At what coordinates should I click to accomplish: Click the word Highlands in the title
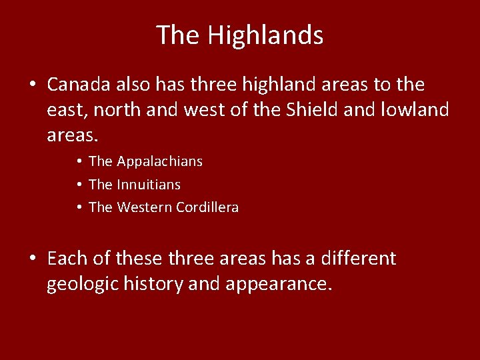click(x=265, y=35)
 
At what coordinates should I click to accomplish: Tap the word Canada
click(x=80, y=85)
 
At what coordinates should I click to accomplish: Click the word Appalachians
click(x=160, y=161)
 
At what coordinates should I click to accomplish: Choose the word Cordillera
click(x=207, y=207)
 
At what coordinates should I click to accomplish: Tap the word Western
click(x=145, y=207)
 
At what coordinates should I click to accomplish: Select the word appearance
click(x=278, y=284)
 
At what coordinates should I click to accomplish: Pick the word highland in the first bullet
click(x=269, y=85)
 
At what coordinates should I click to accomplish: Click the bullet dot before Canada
click(x=32, y=85)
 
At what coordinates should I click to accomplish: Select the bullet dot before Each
click(x=32, y=259)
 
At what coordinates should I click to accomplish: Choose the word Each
click(x=65, y=258)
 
